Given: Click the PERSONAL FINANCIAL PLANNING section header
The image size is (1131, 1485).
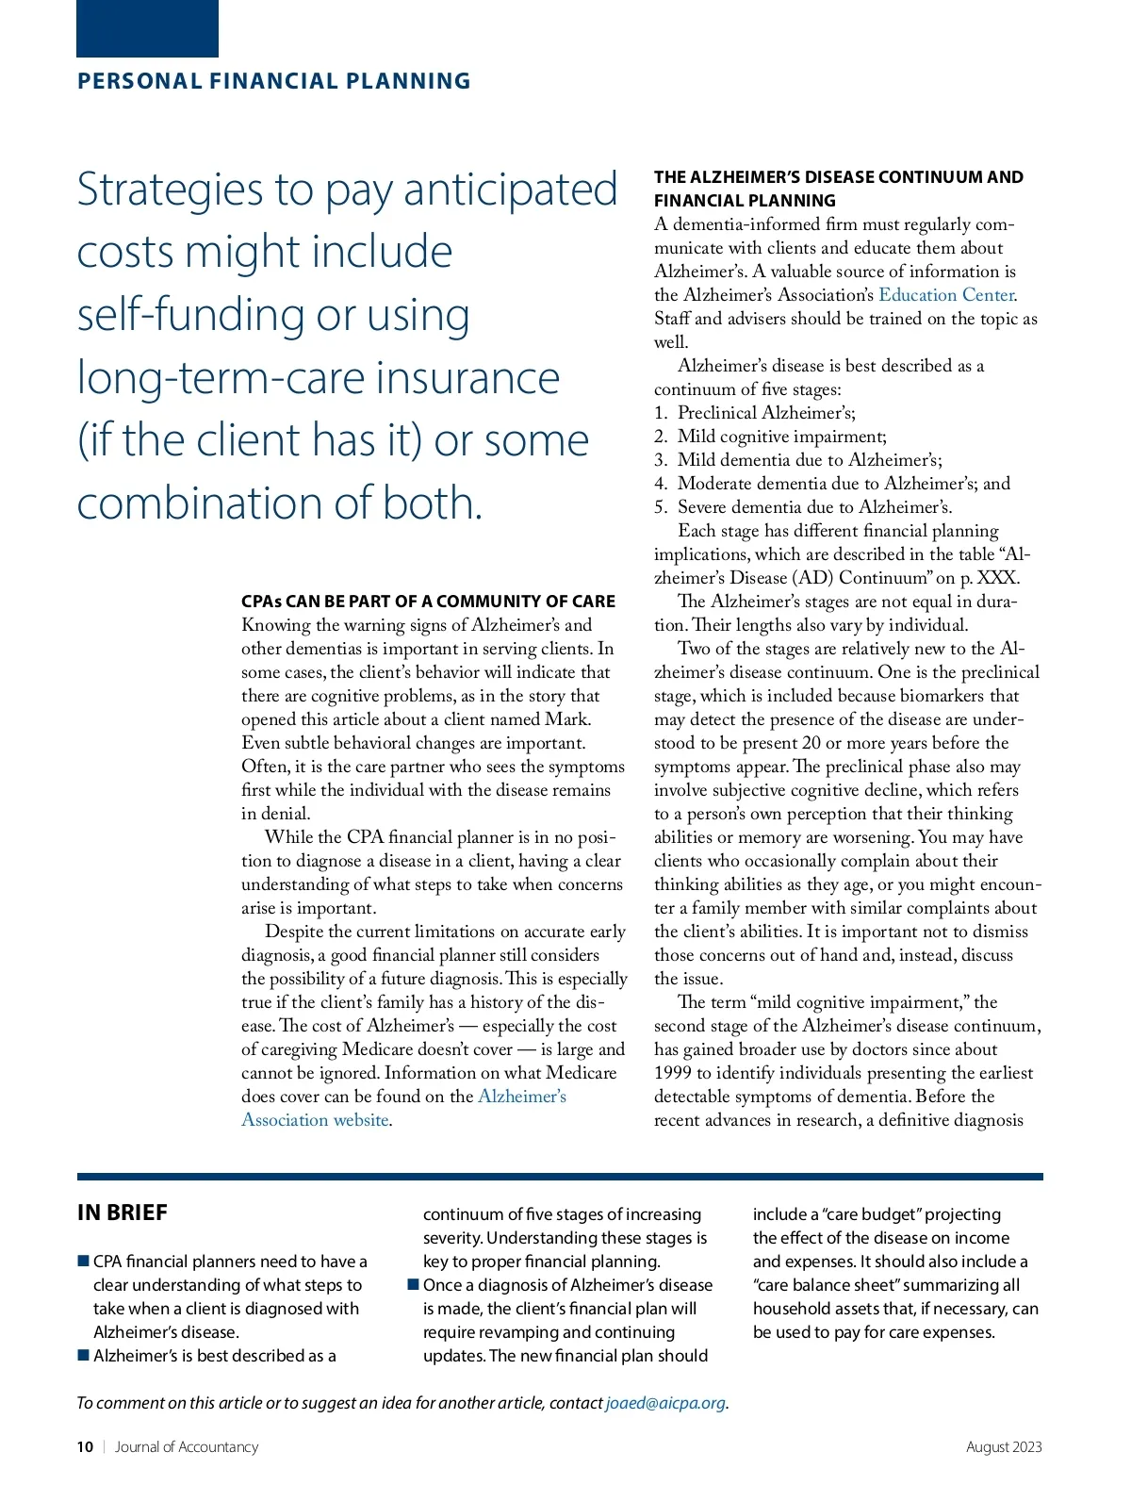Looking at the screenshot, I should (x=273, y=81).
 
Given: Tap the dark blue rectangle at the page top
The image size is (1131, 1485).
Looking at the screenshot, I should (x=147, y=28).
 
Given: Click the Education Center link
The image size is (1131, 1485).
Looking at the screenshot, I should (x=946, y=295).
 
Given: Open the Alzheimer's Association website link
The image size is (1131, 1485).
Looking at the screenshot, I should (x=403, y=1108).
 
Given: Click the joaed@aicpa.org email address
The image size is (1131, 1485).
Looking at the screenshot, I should (x=665, y=1402).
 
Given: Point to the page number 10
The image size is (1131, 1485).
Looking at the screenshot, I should (x=85, y=1446).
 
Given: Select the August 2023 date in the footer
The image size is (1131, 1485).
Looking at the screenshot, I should (x=1004, y=1446).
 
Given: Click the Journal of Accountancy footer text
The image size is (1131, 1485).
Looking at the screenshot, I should (x=186, y=1446).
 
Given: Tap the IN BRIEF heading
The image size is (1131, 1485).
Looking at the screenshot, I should (x=123, y=1213).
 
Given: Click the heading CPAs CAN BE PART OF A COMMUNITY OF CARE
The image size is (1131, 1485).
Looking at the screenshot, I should (x=428, y=602).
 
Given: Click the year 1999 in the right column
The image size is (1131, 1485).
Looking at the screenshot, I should (x=673, y=1073).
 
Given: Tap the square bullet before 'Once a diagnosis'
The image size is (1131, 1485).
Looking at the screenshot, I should (x=413, y=1284).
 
